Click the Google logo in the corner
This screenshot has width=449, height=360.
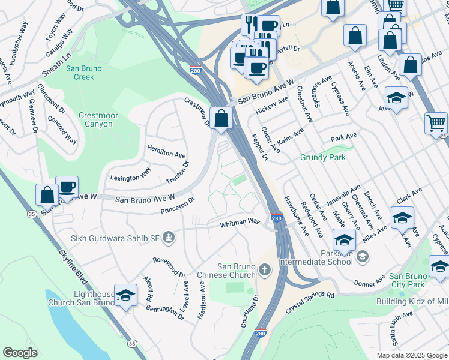(x=20, y=353)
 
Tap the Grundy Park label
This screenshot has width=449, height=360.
(x=323, y=158)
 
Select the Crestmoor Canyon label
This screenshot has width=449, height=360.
(x=95, y=119)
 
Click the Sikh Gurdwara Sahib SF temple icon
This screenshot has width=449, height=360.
(x=170, y=238)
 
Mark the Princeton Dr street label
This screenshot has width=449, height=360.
(x=178, y=205)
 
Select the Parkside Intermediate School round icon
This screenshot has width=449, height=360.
(x=362, y=257)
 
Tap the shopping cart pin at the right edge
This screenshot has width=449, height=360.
(x=436, y=123)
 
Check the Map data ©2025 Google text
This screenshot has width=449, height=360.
(x=411, y=355)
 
